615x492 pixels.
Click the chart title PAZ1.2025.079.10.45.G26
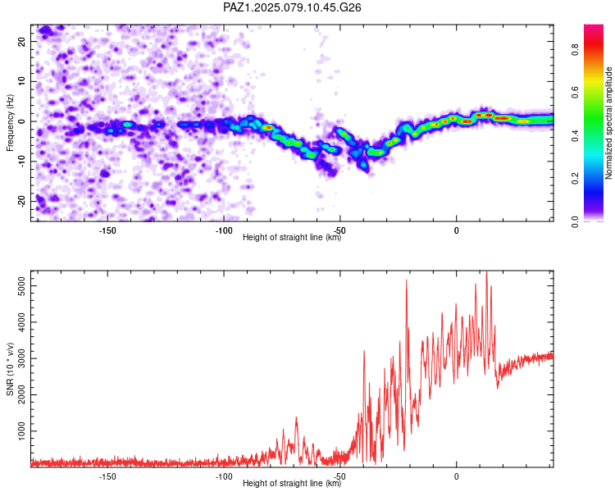292,7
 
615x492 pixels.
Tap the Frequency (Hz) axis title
10,123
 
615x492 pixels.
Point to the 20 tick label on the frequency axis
21,41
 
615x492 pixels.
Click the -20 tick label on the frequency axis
21,202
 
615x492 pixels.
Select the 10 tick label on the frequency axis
21,81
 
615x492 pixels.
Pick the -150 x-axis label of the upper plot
107,230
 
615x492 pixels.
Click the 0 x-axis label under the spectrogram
456,230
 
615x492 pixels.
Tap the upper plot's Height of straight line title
292,237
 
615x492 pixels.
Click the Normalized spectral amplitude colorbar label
608,123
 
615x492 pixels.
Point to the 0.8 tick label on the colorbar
575,50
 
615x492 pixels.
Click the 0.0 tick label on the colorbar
575,221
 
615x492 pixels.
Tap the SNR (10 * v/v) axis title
10,369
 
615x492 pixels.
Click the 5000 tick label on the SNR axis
21,286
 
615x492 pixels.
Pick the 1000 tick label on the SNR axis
21,431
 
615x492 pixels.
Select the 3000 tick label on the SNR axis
21,358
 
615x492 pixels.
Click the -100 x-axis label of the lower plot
224,476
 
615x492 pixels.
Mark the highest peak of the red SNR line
487,272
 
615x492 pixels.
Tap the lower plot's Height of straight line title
292,483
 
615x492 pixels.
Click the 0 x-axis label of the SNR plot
456,476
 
